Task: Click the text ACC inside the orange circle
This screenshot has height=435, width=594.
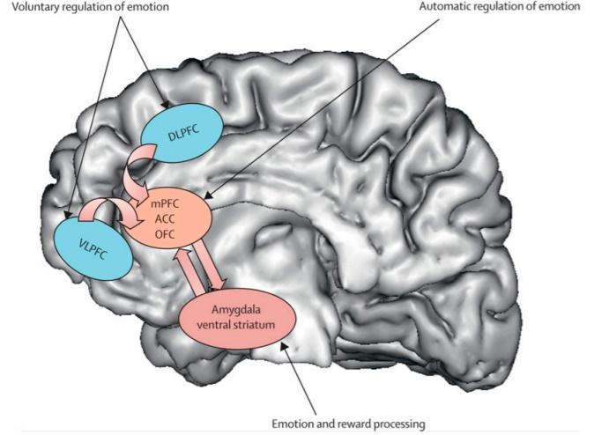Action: [166, 219]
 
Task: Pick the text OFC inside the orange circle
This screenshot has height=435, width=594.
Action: [166, 234]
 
